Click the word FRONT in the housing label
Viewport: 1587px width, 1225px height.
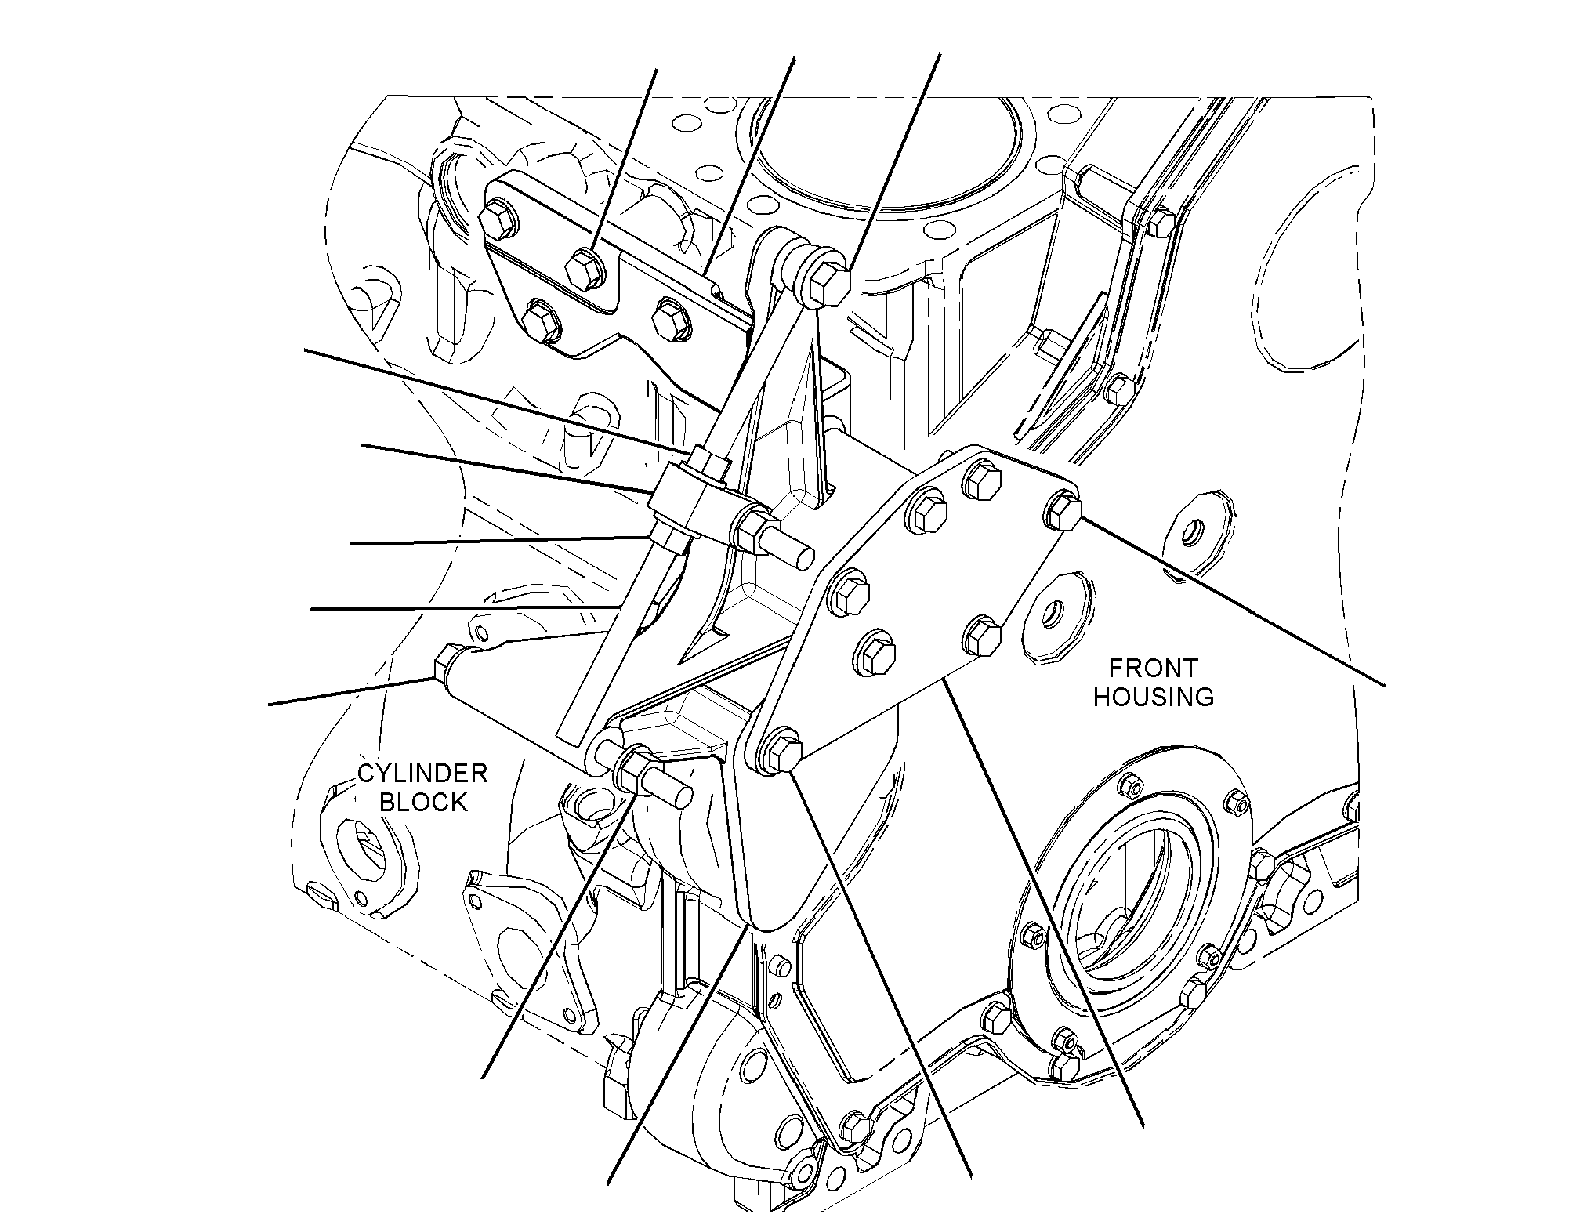pyautogui.click(x=1153, y=668)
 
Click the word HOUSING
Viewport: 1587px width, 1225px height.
pyautogui.click(x=1154, y=696)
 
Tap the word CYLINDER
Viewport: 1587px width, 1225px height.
pyautogui.click(x=422, y=774)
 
